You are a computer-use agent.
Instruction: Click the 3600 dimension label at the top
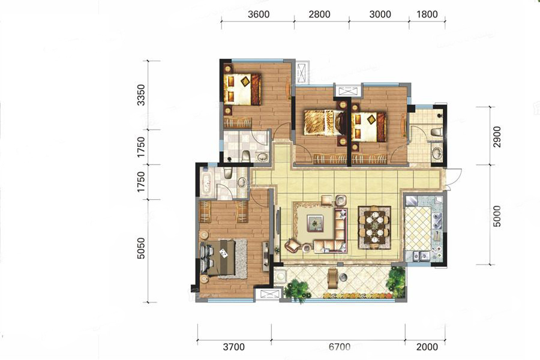[259, 14]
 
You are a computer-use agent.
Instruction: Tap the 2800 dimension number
[319, 14]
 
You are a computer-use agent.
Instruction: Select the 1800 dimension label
[427, 14]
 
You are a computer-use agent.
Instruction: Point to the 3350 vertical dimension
[141, 95]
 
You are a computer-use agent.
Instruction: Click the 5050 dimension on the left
[141, 248]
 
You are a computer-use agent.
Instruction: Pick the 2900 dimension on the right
[497, 137]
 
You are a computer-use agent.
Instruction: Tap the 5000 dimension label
[497, 217]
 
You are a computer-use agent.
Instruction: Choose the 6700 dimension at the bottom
[339, 347]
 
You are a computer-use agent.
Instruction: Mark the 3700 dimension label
[234, 347]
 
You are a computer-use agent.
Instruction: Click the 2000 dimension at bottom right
[427, 347]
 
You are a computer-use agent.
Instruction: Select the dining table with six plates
[374, 227]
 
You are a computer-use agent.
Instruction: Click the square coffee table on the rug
[316, 222]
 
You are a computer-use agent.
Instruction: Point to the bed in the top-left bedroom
[242, 89]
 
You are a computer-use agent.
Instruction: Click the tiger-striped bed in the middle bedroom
[323, 123]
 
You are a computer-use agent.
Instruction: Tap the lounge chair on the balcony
[332, 278]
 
